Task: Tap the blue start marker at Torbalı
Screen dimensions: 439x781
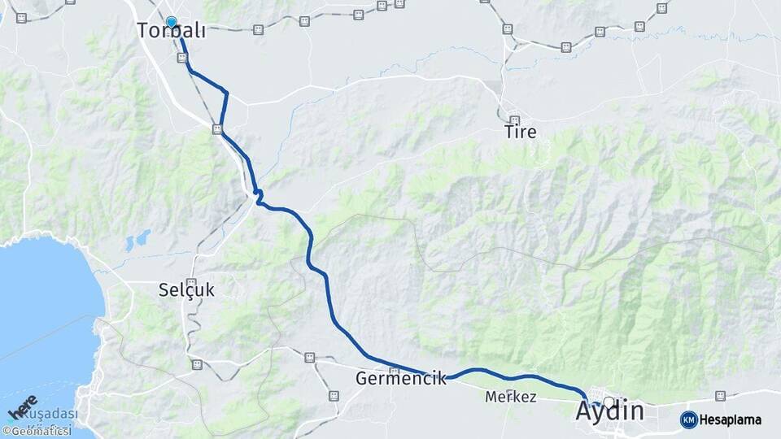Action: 171,23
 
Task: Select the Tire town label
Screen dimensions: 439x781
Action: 520,131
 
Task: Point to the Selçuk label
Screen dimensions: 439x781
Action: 187,289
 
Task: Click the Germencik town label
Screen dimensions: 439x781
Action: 401,378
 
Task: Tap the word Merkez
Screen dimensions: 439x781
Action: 510,397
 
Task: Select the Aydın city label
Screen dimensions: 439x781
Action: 609,411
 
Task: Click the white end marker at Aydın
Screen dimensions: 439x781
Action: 609,402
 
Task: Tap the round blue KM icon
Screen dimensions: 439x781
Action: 688,419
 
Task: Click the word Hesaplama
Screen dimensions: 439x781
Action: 730,419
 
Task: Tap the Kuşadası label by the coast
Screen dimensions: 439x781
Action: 50,413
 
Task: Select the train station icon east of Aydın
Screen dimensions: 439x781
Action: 720,396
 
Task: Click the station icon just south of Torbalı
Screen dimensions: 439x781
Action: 182,58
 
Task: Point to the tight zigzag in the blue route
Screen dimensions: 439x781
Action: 258,195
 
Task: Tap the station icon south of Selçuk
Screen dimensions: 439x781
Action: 197,364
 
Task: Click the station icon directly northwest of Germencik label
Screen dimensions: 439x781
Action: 309,358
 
